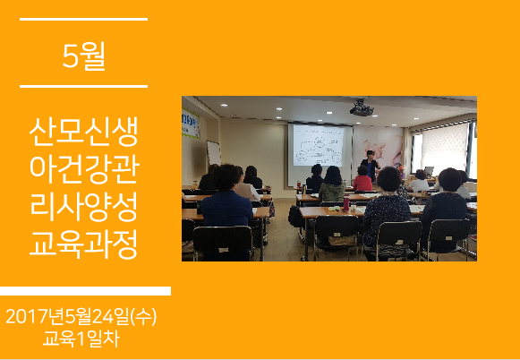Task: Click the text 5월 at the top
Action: (x=83, y=56)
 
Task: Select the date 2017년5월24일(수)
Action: (x=81, y=317)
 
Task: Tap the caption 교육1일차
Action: (x=81, y=339)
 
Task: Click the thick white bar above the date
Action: (x=85, y=291)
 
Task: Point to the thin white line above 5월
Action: (x=83, y=19)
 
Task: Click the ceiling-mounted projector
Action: (x=362, y=108)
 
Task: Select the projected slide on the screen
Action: (x=319, y=145)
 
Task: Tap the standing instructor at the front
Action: (x=371, y=166)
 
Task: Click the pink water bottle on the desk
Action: (x=346, y=202)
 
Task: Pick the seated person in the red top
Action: (x=362, y=179)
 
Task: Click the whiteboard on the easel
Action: (x=214, y=153)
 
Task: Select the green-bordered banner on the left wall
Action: (x=191, y=124)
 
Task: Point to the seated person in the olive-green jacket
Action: (x=332, y=184)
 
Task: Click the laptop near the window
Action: (x=429, y=171)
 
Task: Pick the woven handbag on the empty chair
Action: (x=342, y=241)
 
